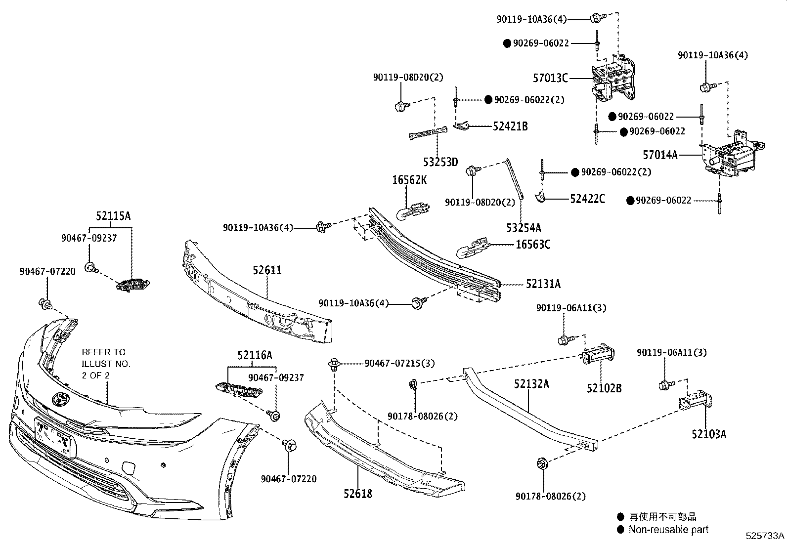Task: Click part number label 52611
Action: coord(267,270)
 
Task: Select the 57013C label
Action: coord(550,78)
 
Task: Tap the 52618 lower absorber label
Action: coord(358,493)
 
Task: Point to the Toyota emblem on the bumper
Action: coord(60,398)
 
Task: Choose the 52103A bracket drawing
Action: coord(696,401)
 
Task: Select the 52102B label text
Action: coord(604,388)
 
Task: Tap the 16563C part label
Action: coord(533,245)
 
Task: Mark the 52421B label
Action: coord(510,126)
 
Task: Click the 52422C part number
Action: coord(587,199)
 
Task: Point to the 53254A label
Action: coord(524,228)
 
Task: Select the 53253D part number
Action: coord(440,162)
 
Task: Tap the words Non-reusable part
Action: coord(668,530)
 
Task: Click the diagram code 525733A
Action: coord(765,536)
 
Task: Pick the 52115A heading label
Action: coord(113,216)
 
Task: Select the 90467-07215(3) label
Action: coord(399,363)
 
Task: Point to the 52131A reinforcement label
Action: coord(543,284)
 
